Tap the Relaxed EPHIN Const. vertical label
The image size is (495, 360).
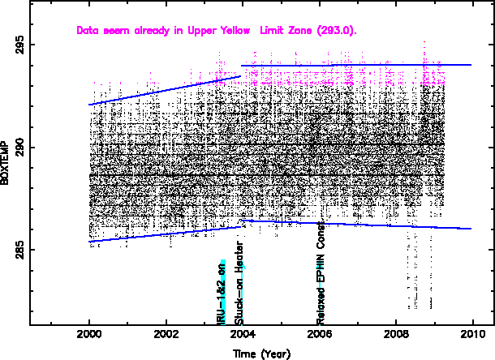click(321, 272)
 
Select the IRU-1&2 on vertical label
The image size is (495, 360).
click(222, 291)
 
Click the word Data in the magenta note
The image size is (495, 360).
click(87, 31)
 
